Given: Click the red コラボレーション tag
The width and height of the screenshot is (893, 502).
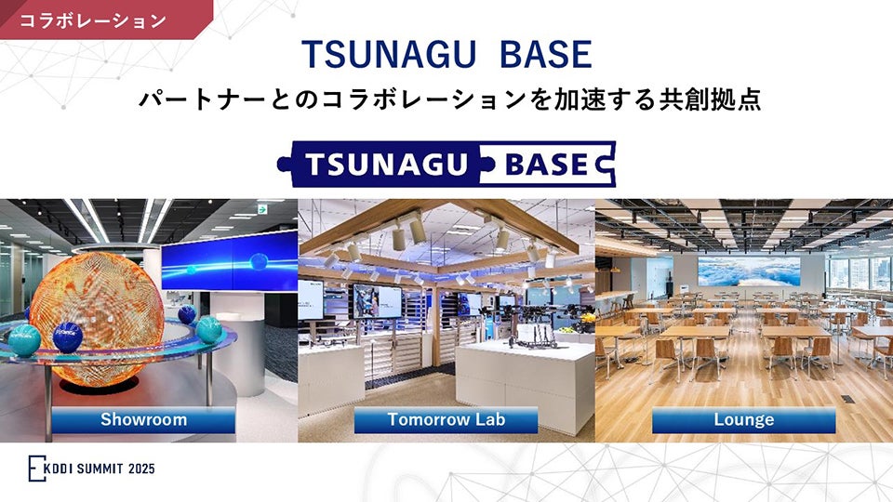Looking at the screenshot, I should coord(93,19).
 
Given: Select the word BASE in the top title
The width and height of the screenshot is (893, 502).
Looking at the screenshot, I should coord(546,56).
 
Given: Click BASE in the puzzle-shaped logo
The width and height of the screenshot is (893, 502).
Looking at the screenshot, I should coord(547,165).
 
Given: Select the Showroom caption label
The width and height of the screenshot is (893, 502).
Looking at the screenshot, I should coord(143,419).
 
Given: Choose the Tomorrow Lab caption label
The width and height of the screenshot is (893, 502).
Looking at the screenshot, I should coord(446,419).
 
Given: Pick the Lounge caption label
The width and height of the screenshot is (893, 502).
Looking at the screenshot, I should coord(743,419).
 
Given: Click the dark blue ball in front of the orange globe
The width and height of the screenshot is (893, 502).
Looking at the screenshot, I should coord(68,335).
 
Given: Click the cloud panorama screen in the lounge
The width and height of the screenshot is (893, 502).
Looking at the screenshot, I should coord(748,271).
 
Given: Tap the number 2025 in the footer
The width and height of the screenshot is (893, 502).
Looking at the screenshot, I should coord(138,469).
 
